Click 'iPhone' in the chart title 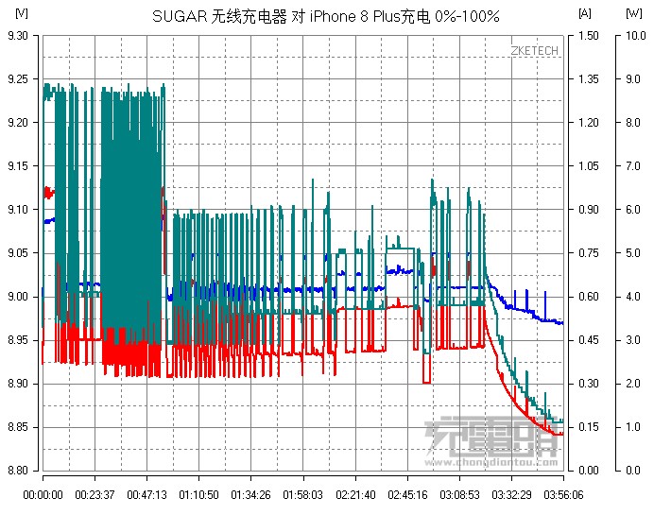[x=333, y=16]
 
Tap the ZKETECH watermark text [x=533, y=50]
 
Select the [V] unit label [x=22, y=13]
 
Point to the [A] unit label [x=585, y=13]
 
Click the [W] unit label [x=634, y=13]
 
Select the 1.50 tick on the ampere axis [x=588, y=35]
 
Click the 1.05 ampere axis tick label [x=588, y=166]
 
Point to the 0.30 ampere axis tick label [x=588, y=384]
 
